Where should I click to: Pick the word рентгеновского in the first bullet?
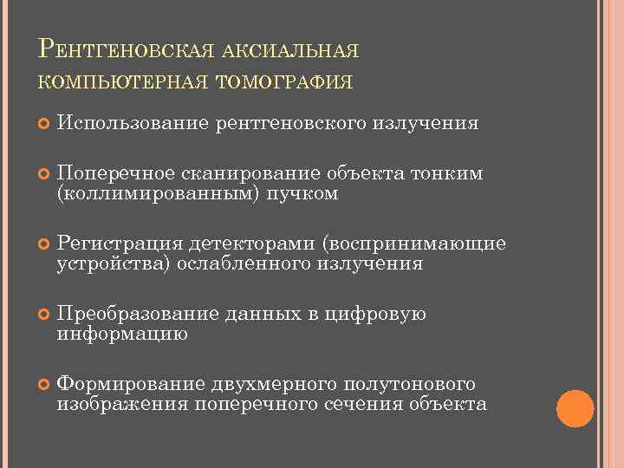[x=291, y=123]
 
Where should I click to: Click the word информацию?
[x=122, y=333]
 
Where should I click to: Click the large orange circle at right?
[x=575, y=409]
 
